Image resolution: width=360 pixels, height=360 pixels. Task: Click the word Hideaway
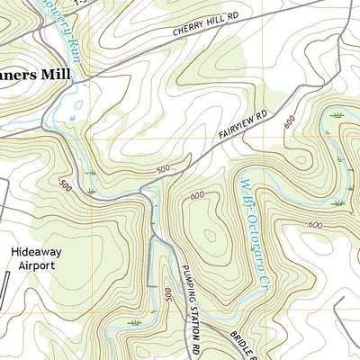pyautogui.click(x=35, y=252)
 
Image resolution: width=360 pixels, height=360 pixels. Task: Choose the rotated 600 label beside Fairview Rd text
pyautogui.click(x=289, y=121)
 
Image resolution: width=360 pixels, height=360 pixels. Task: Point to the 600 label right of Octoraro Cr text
pyautogui.click(x=315, y=225)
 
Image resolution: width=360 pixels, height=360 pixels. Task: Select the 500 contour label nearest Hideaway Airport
pyautogui.click(x=65, y=185)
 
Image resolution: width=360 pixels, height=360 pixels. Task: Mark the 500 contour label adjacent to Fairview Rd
pyautogui.click(x=162, y=169)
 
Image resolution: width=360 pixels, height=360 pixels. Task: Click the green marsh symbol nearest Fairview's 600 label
pyautogui.click(x=338, y=115)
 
